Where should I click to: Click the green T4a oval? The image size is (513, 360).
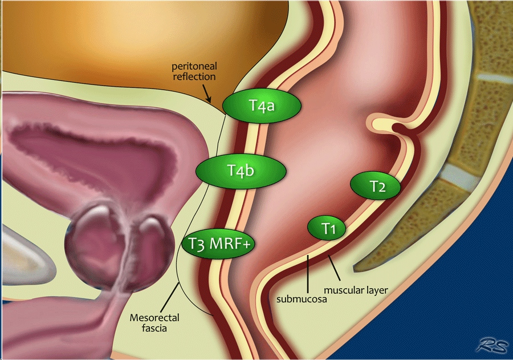(262, 105)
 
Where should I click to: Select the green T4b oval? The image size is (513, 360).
(240, 170)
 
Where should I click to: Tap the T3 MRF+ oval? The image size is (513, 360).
(218, 244)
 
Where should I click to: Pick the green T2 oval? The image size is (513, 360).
(376, 186)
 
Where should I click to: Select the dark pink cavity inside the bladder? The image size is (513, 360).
(114, 154)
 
